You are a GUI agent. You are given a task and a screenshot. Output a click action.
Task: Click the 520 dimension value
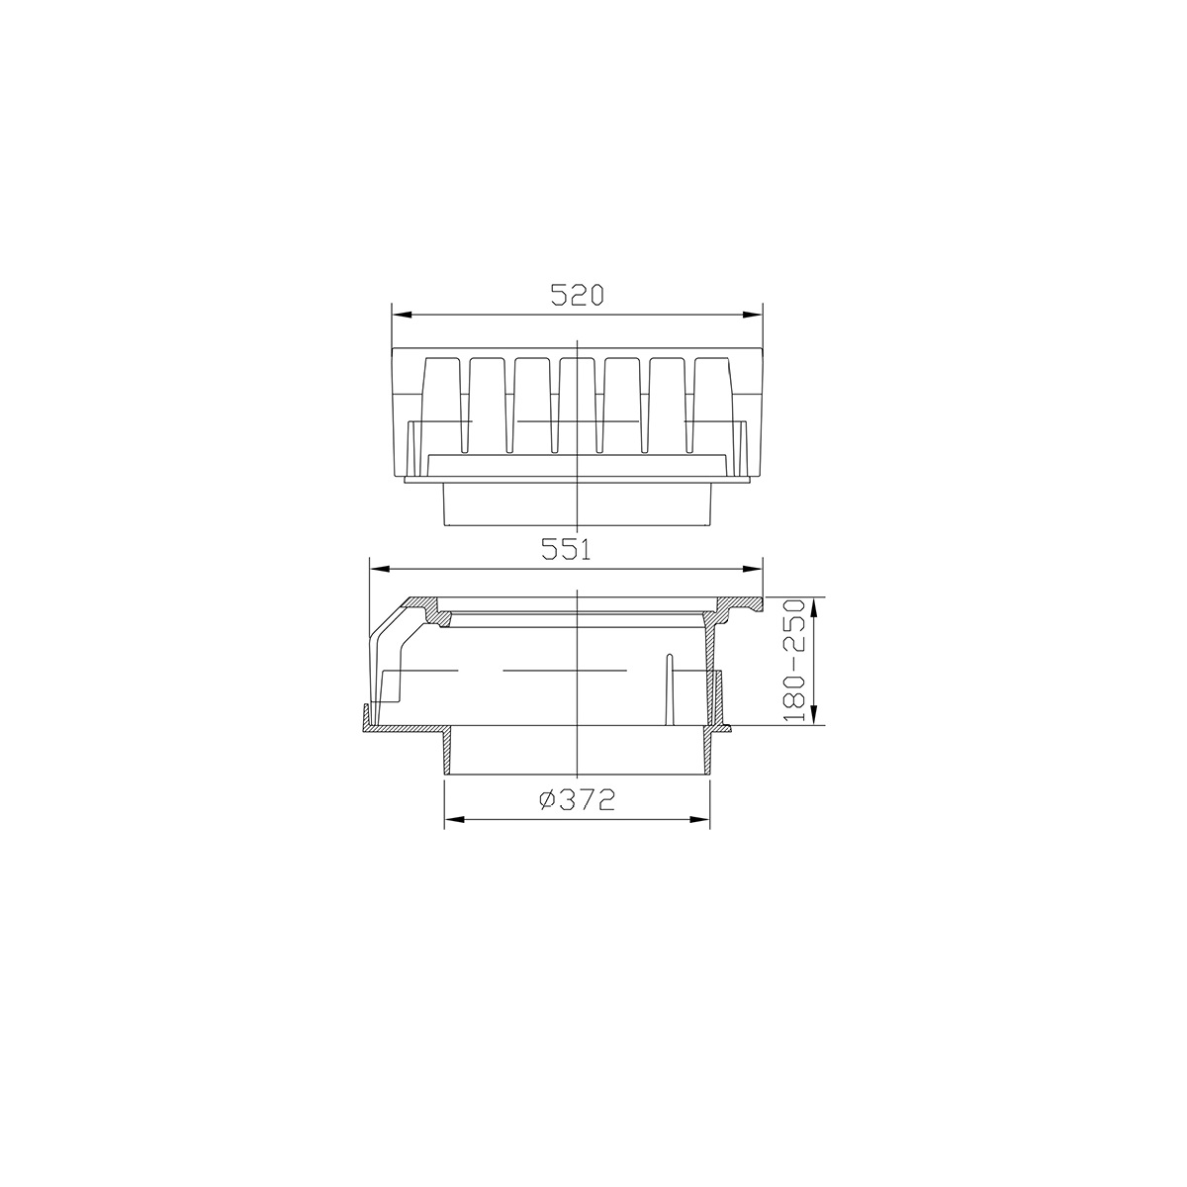[577, 295]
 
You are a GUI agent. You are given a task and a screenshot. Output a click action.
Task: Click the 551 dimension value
[566, 549]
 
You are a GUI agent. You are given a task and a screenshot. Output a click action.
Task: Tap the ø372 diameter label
[577, 800]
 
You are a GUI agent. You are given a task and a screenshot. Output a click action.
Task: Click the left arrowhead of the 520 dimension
[401, 315]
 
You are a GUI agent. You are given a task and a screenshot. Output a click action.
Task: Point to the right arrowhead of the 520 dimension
[754, 315]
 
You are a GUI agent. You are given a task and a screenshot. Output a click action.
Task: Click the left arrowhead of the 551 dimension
[378, 569]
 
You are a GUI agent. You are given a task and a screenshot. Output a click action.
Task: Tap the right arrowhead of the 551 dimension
[754, 569]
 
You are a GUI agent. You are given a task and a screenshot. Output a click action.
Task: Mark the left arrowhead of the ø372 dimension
[453, 819]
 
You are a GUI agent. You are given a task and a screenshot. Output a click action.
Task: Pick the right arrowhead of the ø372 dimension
[700, 819]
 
